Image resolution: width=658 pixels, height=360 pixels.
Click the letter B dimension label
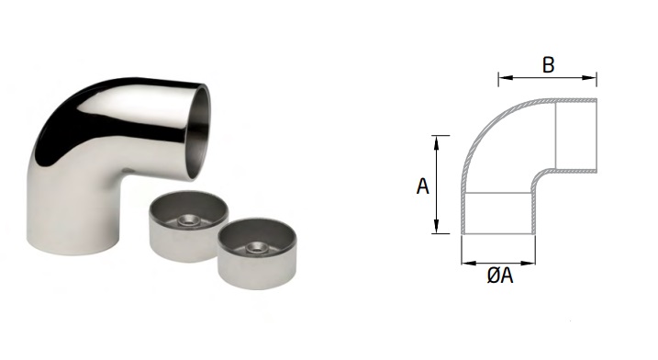point(548,65)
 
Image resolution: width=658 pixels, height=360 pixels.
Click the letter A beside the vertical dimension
point(422,186)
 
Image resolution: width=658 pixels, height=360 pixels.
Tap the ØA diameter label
point(500,276)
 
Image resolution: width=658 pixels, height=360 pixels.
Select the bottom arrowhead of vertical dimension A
point(437,226)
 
